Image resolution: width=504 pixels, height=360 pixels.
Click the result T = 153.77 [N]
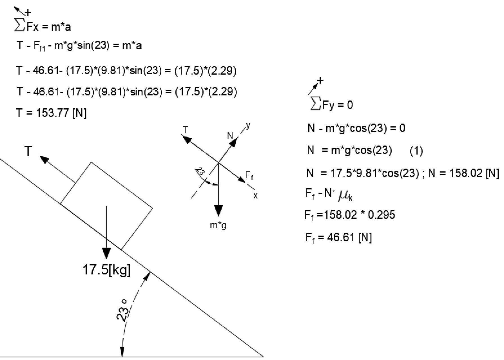click(x=51, y=113)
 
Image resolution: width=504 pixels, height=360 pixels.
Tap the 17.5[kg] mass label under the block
click(x=106, y=270)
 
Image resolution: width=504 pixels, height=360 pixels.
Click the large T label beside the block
click(x=28, y=152)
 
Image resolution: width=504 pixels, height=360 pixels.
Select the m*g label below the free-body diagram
click(x=218, y=225)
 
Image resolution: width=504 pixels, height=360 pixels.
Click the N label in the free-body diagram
click(x=230, y=136)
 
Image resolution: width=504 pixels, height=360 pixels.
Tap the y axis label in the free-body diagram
click(x=248, y=126)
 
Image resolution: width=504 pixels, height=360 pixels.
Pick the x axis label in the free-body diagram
click(x=255, y=196)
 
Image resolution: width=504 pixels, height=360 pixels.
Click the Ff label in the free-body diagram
click(x=249, y=176)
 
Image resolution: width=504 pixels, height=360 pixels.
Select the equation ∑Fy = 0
click(x=331, y=105)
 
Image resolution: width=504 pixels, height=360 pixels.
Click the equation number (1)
click(x=416, y=151)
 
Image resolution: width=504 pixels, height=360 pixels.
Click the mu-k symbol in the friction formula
click(x=346, y=195)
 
